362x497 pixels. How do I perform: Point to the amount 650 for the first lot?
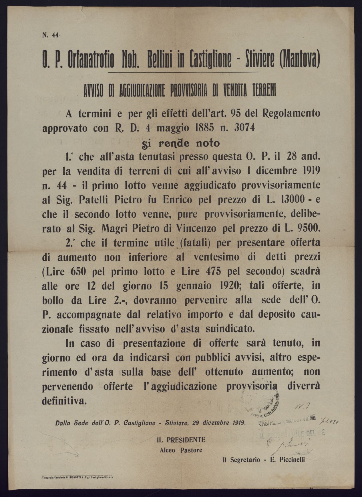point(76,272)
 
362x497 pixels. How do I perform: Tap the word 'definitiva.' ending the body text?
point(64,401)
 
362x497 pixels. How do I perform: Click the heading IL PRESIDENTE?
point(181,440)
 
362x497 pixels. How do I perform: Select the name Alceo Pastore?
point(181,450)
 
